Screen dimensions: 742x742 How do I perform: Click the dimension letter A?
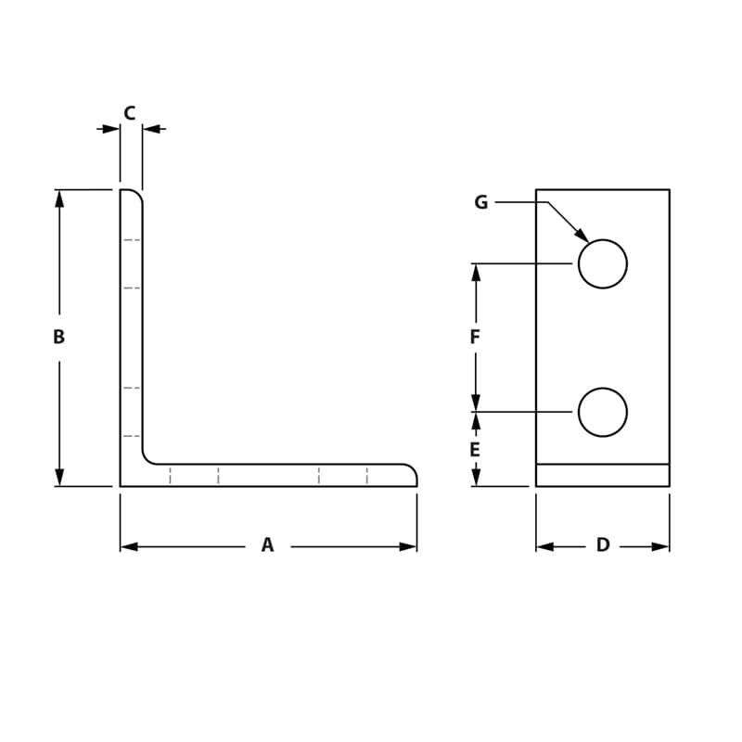267,545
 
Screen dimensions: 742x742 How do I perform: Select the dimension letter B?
58,338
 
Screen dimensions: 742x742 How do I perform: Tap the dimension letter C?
130,113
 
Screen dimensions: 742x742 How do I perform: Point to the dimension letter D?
603,545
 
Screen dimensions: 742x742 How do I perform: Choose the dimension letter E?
475,450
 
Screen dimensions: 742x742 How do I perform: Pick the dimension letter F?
475,338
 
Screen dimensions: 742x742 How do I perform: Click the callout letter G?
480,202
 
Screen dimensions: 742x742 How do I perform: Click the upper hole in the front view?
603,263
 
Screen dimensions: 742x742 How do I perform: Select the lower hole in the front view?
603,412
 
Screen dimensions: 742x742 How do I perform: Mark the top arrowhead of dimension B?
59,198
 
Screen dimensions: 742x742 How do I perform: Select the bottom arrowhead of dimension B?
59,478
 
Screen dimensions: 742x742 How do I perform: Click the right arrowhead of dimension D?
660,546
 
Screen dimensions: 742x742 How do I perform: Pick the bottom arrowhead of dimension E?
476,478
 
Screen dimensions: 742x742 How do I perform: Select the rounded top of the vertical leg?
134,194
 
